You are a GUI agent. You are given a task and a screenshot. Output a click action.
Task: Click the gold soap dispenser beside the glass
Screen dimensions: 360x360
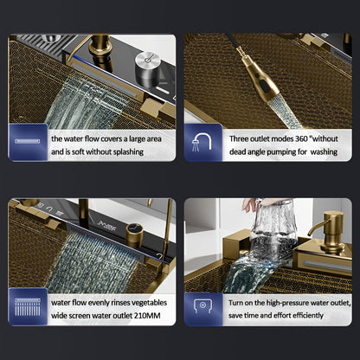[x=329, y=232]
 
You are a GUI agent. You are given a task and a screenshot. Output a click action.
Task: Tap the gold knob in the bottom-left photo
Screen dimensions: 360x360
[x=134, y=235]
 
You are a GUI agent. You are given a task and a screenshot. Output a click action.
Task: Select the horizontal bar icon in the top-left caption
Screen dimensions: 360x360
[x=28, y=141]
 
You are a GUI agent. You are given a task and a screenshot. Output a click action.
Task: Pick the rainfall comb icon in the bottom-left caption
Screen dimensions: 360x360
[x=28, y=306]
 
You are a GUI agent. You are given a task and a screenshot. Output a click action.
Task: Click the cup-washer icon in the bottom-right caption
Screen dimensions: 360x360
[x=202, y=305]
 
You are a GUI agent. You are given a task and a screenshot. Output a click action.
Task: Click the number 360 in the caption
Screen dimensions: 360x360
[x=301, y=138]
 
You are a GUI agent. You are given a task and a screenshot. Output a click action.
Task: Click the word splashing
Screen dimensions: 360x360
[x=128, y=152]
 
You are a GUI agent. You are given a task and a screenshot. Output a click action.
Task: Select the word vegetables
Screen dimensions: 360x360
[x=150, y=303]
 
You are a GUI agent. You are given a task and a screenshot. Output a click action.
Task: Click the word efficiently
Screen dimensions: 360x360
[x=308, y=316]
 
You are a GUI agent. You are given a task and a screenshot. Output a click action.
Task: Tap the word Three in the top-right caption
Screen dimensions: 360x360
[x=238, y=138]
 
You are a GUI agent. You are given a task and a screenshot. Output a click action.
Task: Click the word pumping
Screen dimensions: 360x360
[x=281, y=152]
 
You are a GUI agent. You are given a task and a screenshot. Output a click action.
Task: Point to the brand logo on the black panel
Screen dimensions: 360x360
[x=106, y=225]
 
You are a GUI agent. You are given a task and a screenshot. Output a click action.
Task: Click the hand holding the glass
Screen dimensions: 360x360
[x=250, y=204]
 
